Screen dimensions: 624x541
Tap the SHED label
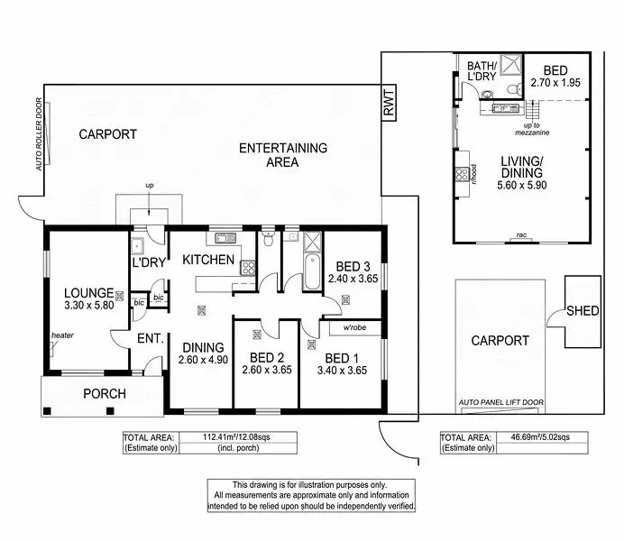583,311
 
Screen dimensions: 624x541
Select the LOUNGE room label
88,293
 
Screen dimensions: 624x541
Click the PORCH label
104,394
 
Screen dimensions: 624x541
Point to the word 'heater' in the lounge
62,336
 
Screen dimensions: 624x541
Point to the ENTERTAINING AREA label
282,155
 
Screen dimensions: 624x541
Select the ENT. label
150,339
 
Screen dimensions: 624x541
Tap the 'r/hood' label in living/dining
472,172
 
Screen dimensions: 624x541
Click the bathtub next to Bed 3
313,271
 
